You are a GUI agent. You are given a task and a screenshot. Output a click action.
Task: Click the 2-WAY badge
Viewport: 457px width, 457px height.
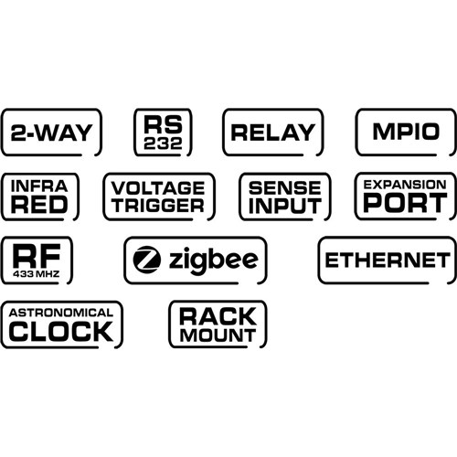pos(51,133)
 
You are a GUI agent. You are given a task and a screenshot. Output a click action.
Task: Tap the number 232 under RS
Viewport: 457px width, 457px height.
pos(163,143)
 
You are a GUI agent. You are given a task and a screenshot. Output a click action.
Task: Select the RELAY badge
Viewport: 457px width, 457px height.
pos(271,133)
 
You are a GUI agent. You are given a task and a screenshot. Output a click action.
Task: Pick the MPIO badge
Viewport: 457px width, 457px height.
pos(406,132)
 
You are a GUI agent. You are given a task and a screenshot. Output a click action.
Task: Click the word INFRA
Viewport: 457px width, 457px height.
pos(39,186)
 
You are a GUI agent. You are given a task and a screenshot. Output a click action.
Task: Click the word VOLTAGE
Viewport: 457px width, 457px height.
pos(158,186)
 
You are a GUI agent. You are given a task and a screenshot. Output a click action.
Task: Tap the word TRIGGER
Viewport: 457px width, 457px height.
pos(158,205)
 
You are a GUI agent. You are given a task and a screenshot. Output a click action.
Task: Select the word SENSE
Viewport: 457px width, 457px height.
pos(284,186)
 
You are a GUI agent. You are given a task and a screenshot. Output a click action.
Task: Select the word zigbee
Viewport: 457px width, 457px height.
pos(213,261)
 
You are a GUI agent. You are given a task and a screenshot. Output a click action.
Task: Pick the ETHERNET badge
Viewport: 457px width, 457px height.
pos(388,260)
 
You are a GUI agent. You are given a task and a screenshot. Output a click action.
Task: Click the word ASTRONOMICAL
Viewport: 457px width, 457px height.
pos(60,312)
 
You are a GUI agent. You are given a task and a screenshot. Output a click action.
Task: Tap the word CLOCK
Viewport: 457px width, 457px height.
pos(60,330)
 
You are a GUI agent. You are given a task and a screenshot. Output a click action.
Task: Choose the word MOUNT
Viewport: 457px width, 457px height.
pos(218,335)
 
